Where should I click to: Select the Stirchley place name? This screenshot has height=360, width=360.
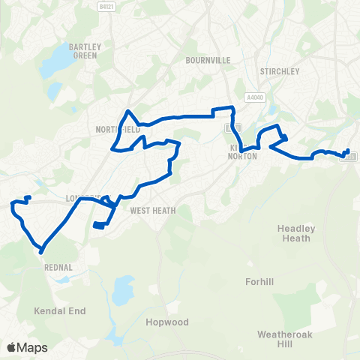click(279, 72)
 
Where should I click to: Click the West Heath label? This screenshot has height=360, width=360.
click(153, 211)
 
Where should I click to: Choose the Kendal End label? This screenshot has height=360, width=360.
click(60, 310)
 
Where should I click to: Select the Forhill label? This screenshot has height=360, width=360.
click(262, 282)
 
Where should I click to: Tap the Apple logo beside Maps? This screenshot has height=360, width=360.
click(11, 348)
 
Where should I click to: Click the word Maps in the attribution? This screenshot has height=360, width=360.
click(32, 348)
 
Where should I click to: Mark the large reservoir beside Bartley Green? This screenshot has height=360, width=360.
click(50, 70)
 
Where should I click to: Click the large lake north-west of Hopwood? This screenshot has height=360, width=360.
click(120, 288)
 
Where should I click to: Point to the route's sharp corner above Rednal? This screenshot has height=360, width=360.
click(40, 247)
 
